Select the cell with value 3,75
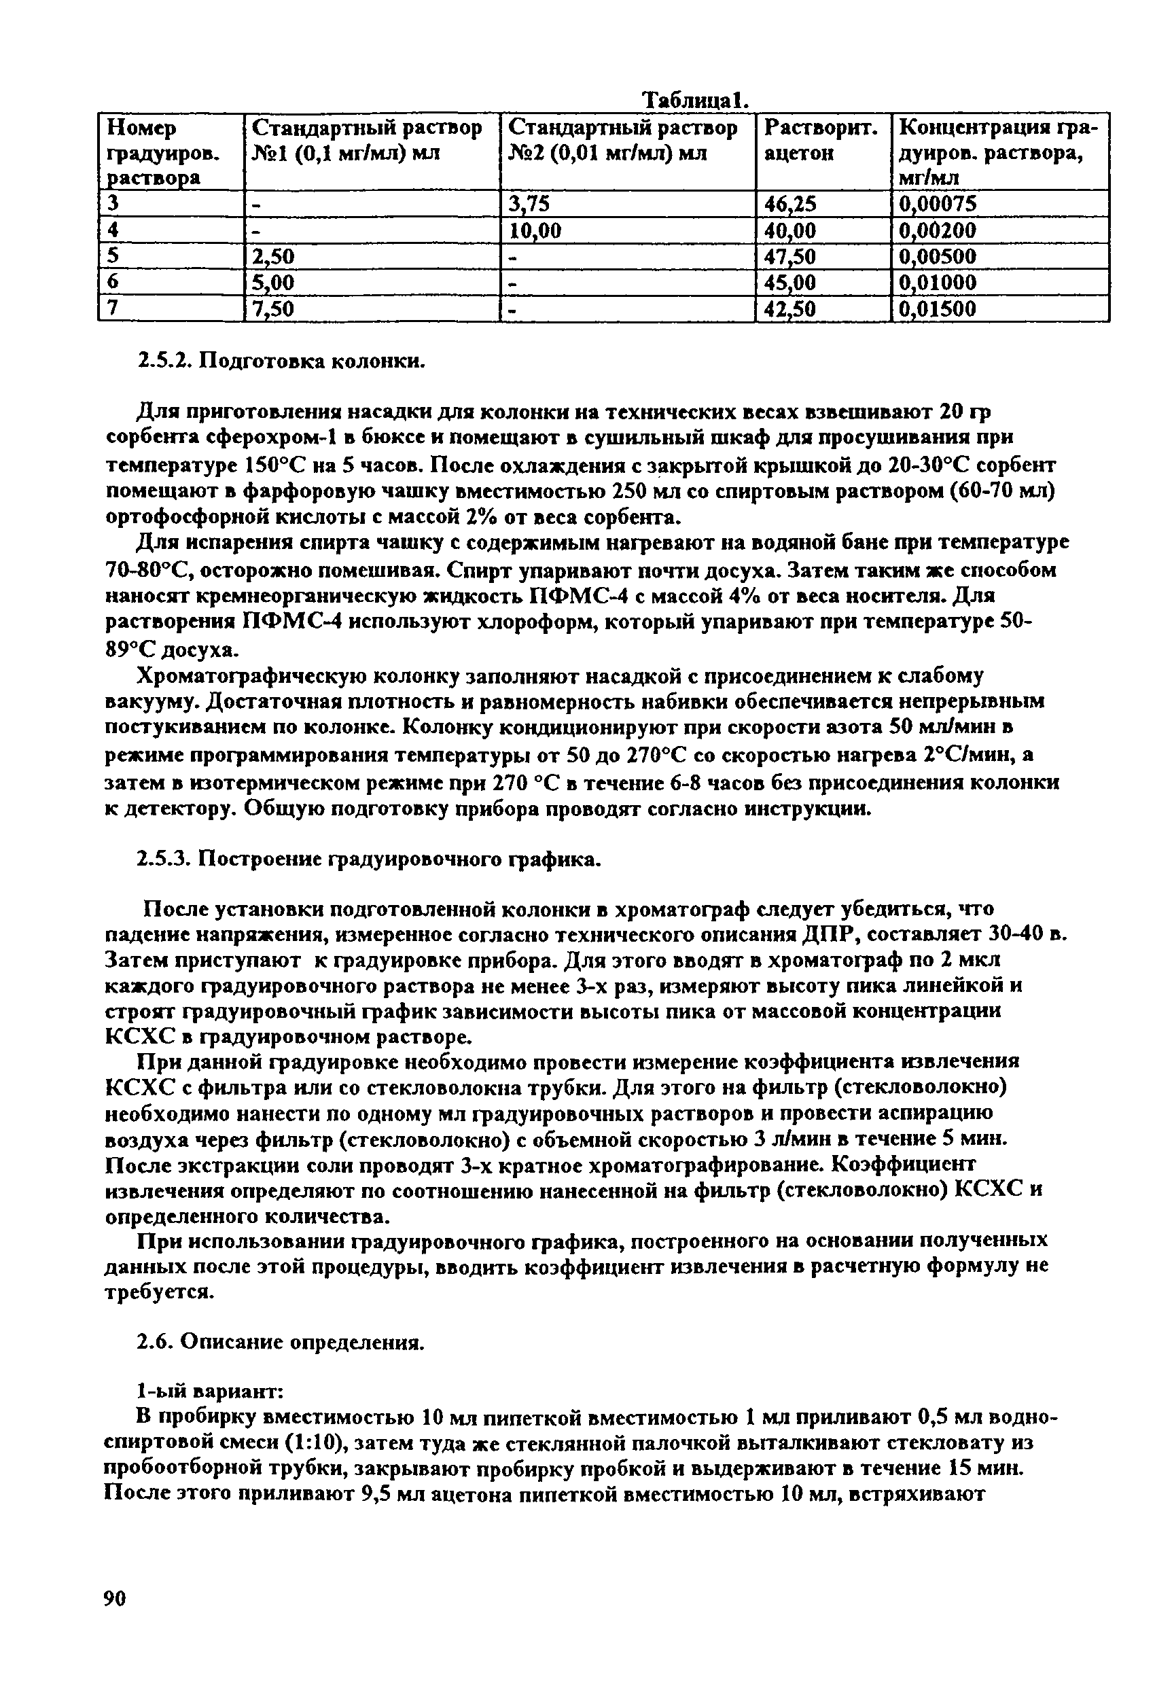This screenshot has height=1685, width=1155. coord(529,205)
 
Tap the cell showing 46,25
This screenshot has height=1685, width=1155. coord(790,205)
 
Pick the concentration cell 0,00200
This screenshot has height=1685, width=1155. coord(938,230)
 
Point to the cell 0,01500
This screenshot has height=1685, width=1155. coord(938,310)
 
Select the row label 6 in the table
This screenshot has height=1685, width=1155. coord(111,283)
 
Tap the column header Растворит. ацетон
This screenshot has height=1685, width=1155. coord(821,141)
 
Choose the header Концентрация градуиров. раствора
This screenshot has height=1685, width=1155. coord(998,152)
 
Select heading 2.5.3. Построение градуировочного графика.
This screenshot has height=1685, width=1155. coord(369,859)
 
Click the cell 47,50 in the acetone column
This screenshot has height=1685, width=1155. coord(790,257)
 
